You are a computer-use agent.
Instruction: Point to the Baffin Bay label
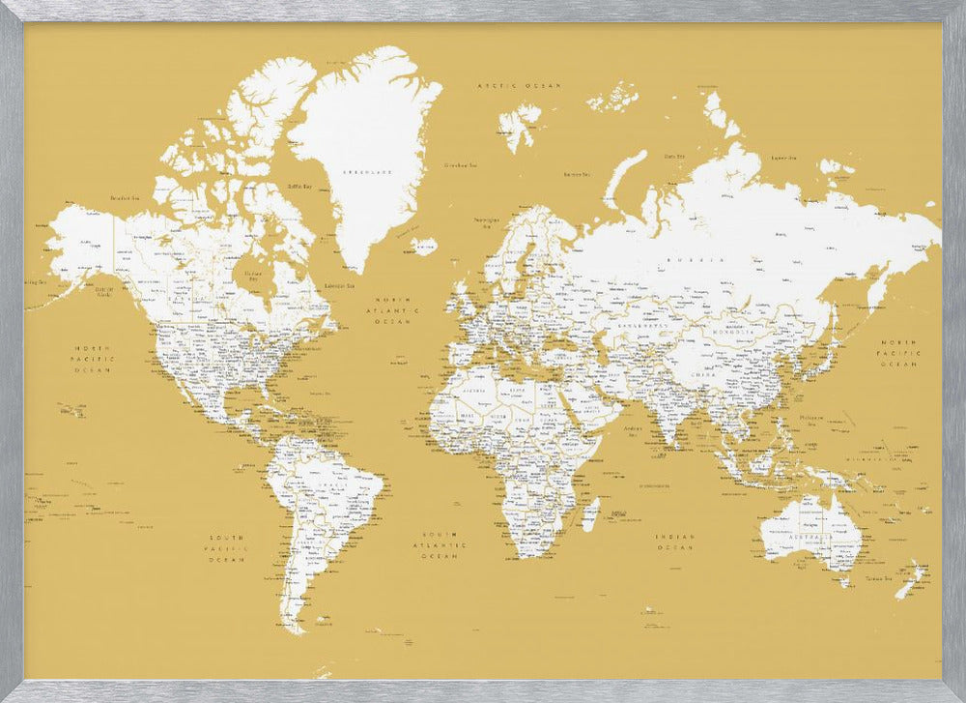coord(300,186)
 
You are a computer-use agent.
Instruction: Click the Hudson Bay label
coord(253,274)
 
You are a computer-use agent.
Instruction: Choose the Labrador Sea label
coord(338,285)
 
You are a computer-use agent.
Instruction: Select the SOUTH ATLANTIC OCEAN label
coord(439,546)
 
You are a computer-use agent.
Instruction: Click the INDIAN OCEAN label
coord(675,542)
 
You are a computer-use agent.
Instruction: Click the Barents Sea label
coord(577,174)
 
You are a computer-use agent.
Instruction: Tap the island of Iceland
coord(423,246)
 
